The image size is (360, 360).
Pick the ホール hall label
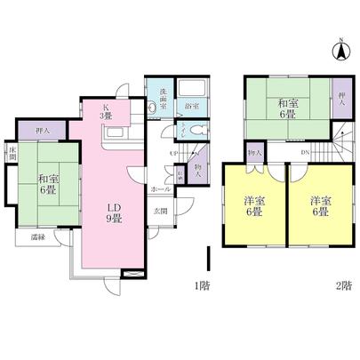pos(160,188)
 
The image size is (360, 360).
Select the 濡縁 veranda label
pos(37,238)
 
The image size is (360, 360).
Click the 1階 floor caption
pos(201,285)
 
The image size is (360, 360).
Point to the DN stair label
pos(305,153)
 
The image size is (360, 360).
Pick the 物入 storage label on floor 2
pos(255,153)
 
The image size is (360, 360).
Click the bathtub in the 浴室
pos(191,91)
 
